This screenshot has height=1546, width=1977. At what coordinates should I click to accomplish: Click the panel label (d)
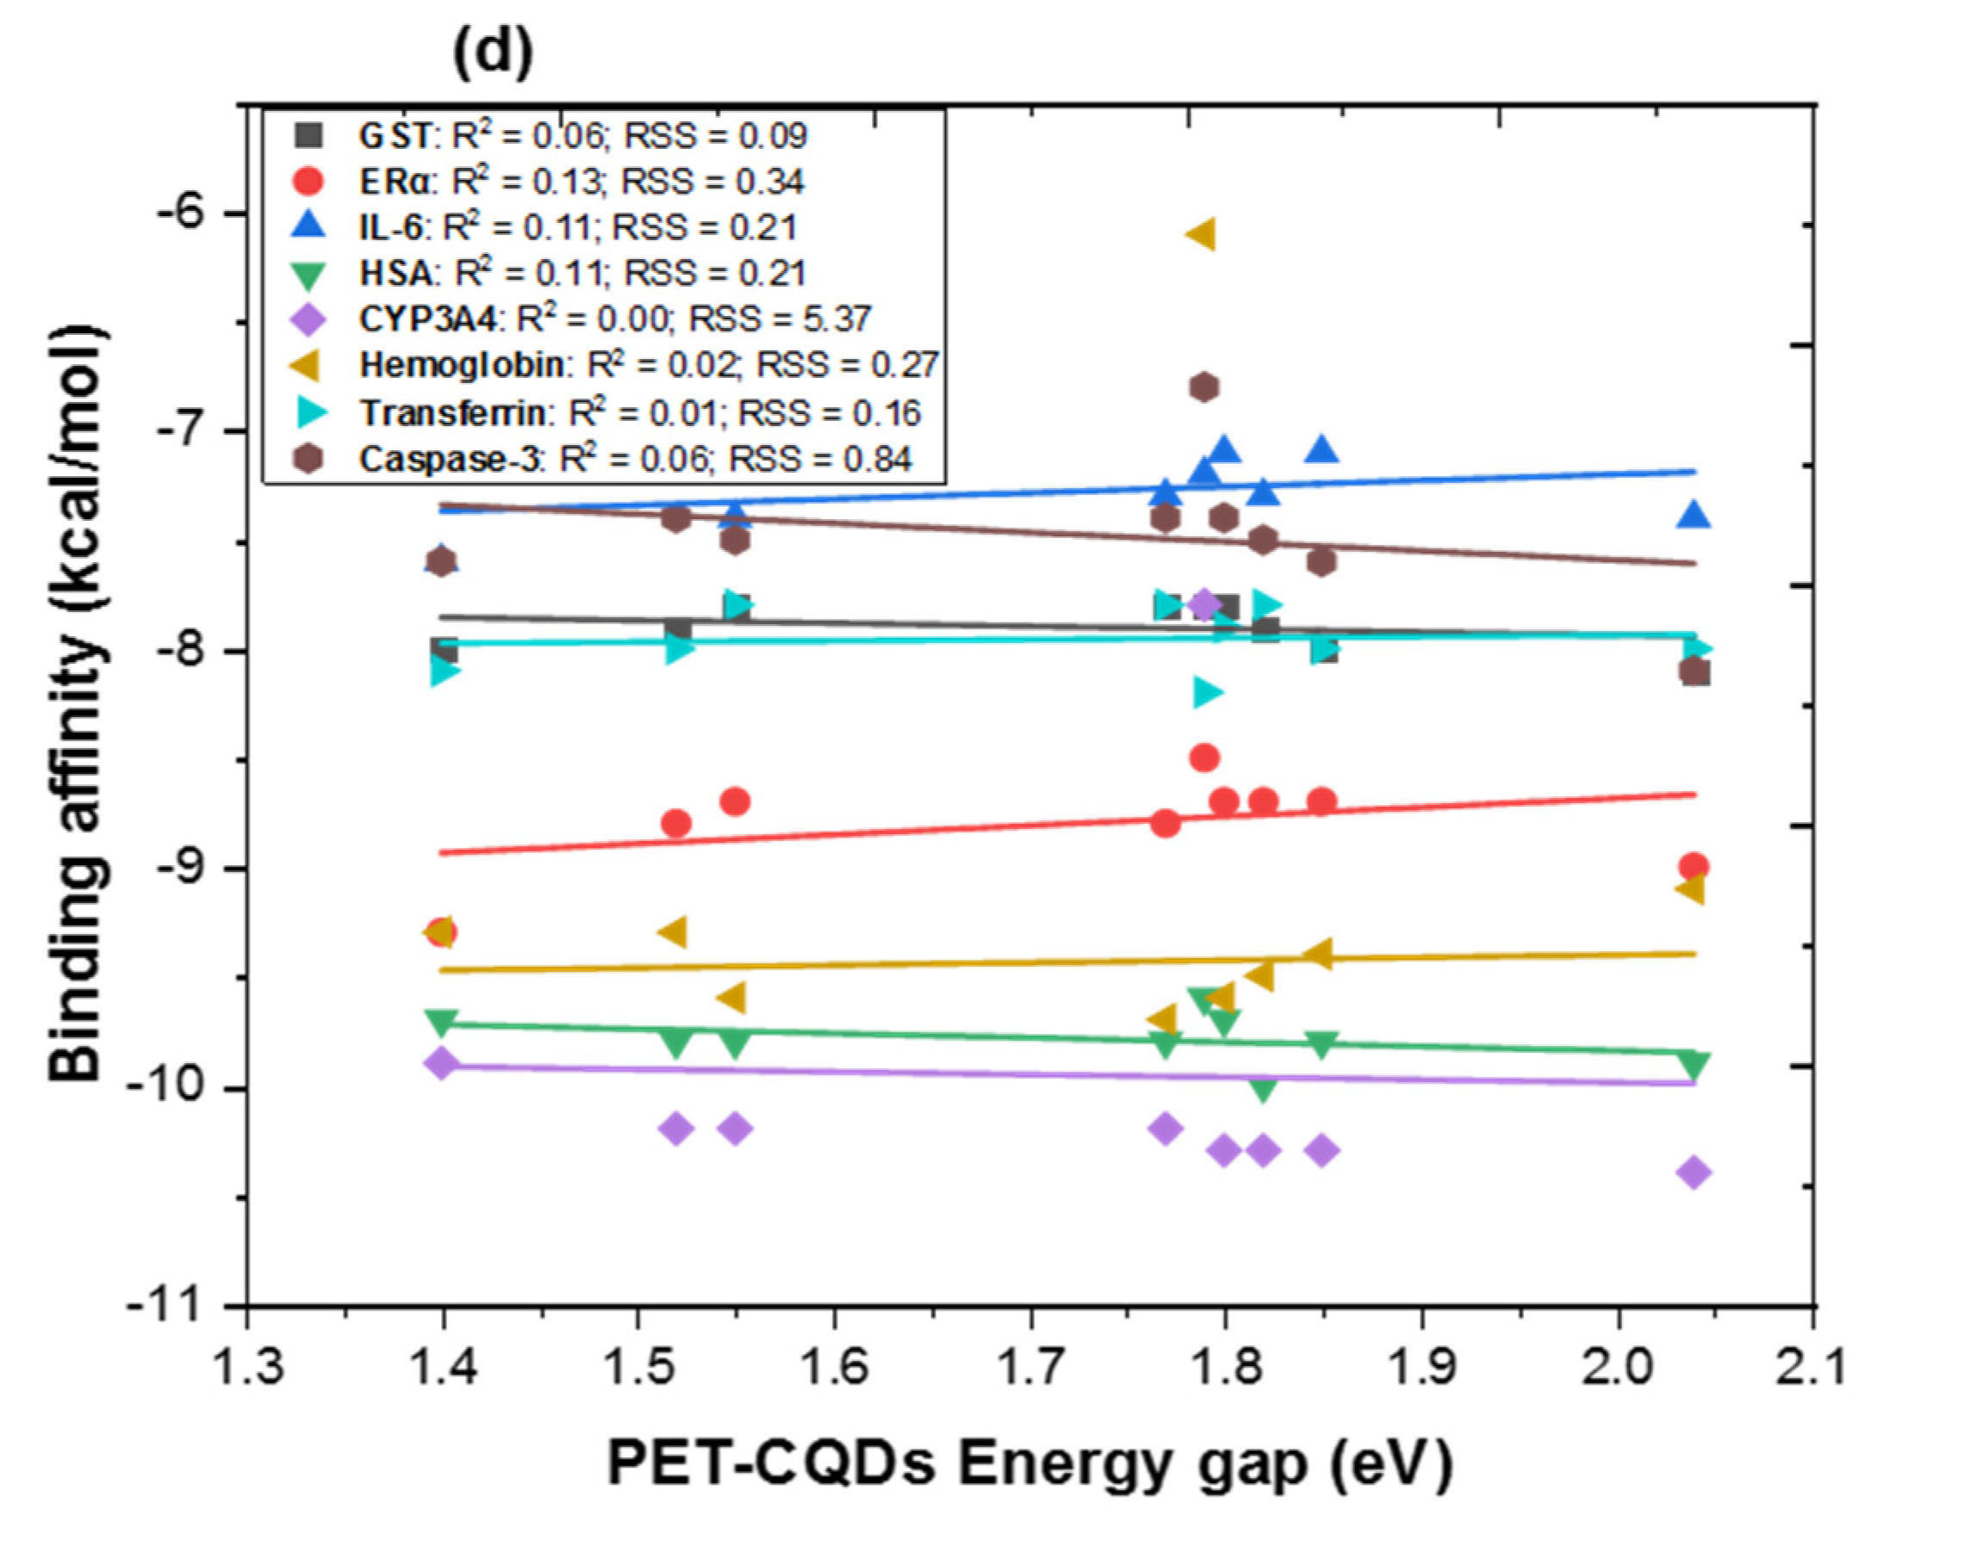pyautogui.click(x=493, y=54)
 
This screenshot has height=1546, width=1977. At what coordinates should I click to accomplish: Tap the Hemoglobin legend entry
pyautogui.click(x=616, y=365)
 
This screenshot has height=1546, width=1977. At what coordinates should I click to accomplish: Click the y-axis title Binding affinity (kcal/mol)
pyautogui.click(x=76, y=706)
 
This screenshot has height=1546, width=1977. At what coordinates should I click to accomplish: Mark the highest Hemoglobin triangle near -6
pyautogui.click(x=1201, y=235)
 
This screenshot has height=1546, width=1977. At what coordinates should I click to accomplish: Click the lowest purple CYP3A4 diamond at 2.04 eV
pyautogui.click(x=1693, y=1172)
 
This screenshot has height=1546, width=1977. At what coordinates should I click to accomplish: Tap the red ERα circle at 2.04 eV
pyautogui.click(x=1693, y=866)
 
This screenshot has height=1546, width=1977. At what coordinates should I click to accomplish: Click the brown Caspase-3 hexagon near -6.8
pyautogui.click(x=1203, y=387)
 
